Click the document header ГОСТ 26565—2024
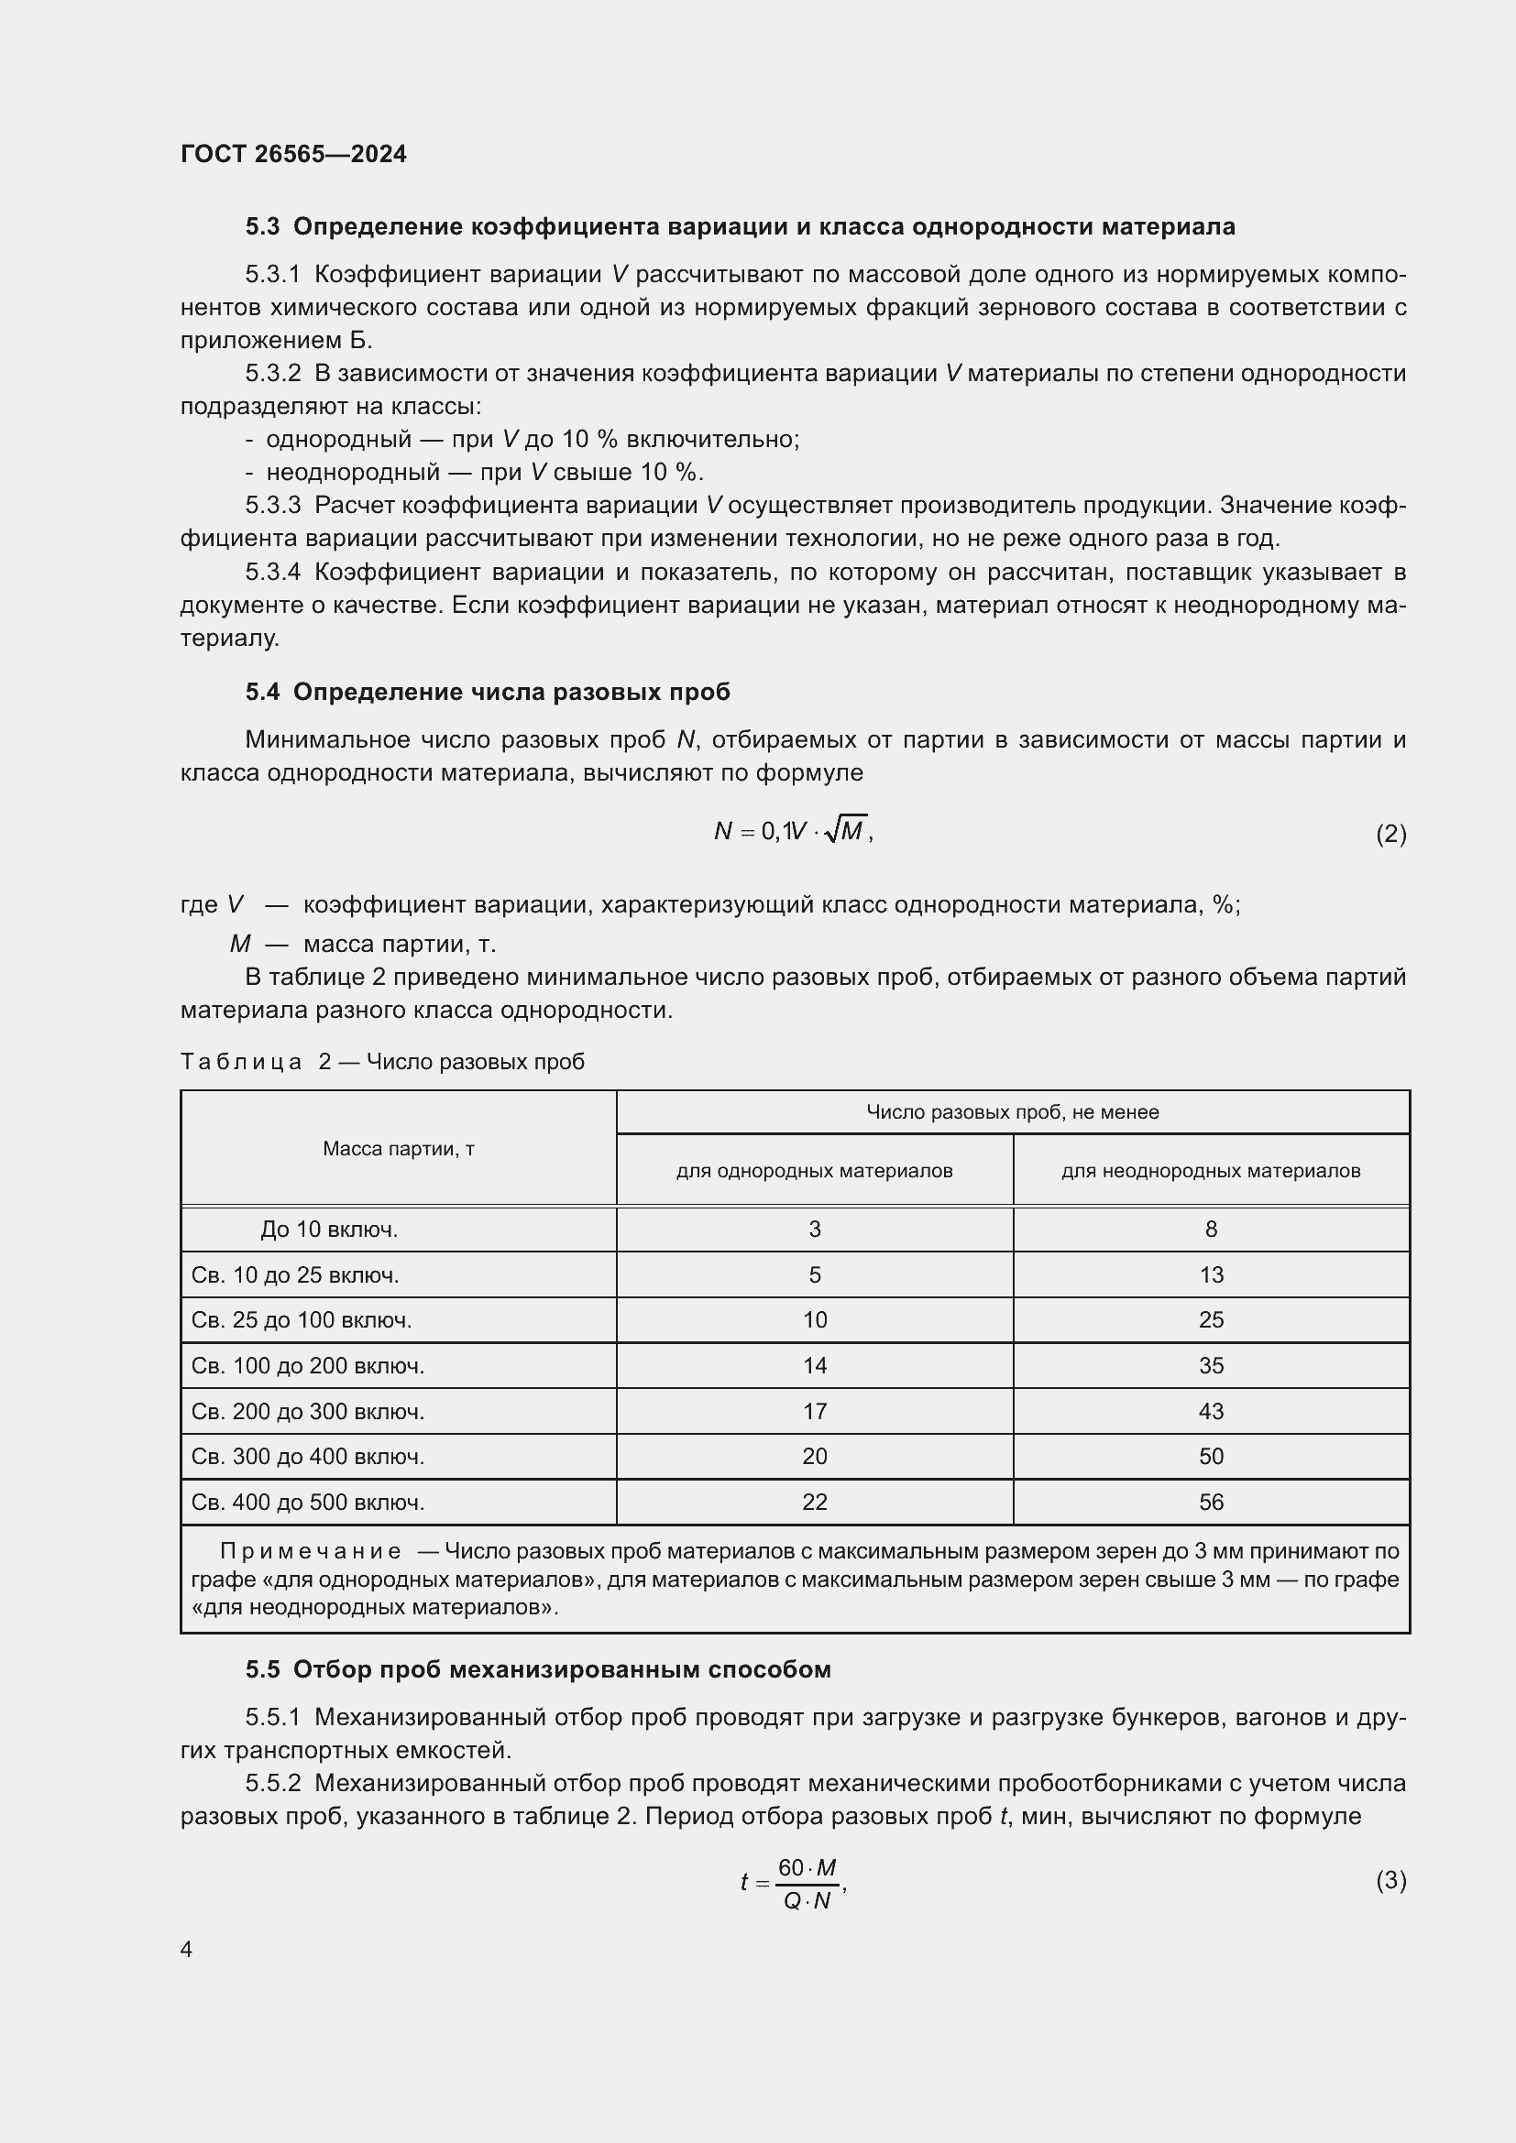[x=293, y=154]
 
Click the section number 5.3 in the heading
[x=262, y=227]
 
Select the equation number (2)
[x=1390, y=834]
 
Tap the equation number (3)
[x=1390, y=1880]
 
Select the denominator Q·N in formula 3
[x=807, y=1900]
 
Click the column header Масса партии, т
[x=399, y=1149]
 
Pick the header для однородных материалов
[x=814, y=1170]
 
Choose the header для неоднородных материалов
[x=1211, y=1170]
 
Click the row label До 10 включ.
[x=330, y=1230]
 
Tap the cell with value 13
[x=1211, y=1275]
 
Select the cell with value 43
[x=1211, y=1411]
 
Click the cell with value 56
[x=1211, y=1502]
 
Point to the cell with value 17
[x=814, y=1411]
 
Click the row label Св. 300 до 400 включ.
[x=308, y=1456]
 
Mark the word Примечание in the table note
[x=311, y=1551]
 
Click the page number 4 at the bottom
[x=186, y=1949]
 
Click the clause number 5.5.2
[x=272, y=1784]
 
